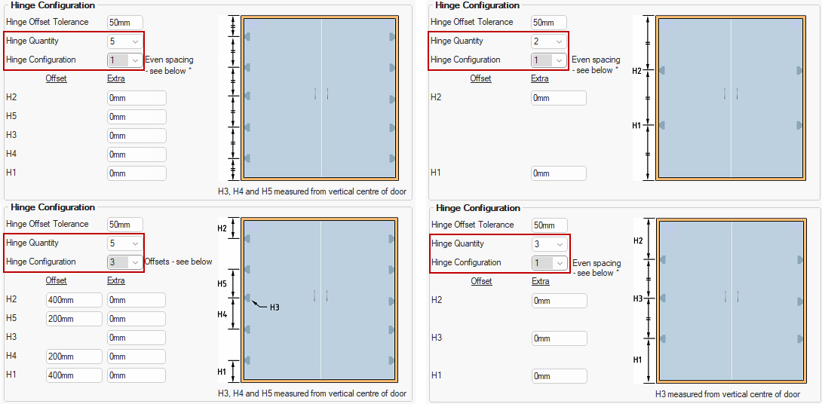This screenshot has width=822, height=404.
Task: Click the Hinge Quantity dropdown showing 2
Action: [548, 41]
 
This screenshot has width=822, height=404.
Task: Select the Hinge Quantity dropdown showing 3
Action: [550, 243]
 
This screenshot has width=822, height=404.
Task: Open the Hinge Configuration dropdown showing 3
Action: [124, 262]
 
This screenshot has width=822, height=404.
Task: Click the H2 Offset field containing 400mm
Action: [74, 300]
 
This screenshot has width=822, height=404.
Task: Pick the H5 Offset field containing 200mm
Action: [74, 319]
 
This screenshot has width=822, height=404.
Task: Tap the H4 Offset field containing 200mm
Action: [74, 357]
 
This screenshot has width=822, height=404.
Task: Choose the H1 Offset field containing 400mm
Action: [74, 375]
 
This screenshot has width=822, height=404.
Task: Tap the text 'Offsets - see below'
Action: [178, 262]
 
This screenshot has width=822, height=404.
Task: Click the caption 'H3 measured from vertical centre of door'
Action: [728, 394]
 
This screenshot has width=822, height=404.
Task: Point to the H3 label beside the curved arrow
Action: [275, 308]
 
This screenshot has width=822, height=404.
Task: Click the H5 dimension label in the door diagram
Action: [222, 283]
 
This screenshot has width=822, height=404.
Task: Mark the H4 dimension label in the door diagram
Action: [222, 314]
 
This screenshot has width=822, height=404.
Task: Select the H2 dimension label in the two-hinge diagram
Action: [638, 70]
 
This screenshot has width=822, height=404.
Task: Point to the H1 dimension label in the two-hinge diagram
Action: [637, 125]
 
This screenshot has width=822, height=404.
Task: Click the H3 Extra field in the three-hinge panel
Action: [560, 338]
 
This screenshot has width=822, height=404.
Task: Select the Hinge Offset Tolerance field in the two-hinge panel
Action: [549, 23]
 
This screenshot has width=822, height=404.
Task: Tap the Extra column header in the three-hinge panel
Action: [541, 281]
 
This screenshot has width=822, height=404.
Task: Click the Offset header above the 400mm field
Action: [56, 280]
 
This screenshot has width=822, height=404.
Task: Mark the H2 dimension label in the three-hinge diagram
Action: [638, 240]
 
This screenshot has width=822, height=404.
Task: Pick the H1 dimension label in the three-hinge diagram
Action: [637, 360]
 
